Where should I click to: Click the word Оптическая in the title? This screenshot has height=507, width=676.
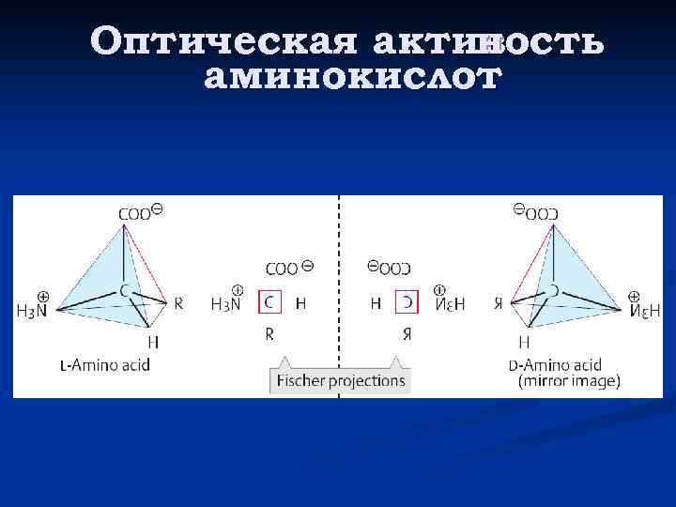(x=224, y=42)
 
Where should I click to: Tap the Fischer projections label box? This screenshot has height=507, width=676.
(x=340, y=380)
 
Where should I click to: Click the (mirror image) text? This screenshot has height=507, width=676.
(x=569, y=381)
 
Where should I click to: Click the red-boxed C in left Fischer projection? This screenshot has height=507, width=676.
(x=269, y=302)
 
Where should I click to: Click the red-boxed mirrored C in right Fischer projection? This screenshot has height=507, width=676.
(x=407, y=302)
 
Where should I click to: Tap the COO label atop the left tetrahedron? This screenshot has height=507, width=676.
(x=134, y=213)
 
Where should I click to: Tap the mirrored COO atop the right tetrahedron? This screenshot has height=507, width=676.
(x=542, y=213)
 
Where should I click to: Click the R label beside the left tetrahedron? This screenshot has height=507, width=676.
(x=178, y=303)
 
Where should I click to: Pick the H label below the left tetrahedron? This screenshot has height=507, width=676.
(x=153, y=342)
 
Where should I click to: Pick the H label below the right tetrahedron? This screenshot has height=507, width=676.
(x=524, y=342)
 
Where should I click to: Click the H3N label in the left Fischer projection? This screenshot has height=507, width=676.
(x=226, y=303)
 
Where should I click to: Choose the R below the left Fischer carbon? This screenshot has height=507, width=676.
(x=269, y=332)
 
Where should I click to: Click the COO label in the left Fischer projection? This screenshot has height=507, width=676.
(x=282, y=269)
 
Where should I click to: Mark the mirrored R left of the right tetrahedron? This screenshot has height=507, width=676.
(x=498, y=303)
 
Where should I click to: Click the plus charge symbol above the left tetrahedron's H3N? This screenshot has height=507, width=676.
(x=43, y=295)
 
